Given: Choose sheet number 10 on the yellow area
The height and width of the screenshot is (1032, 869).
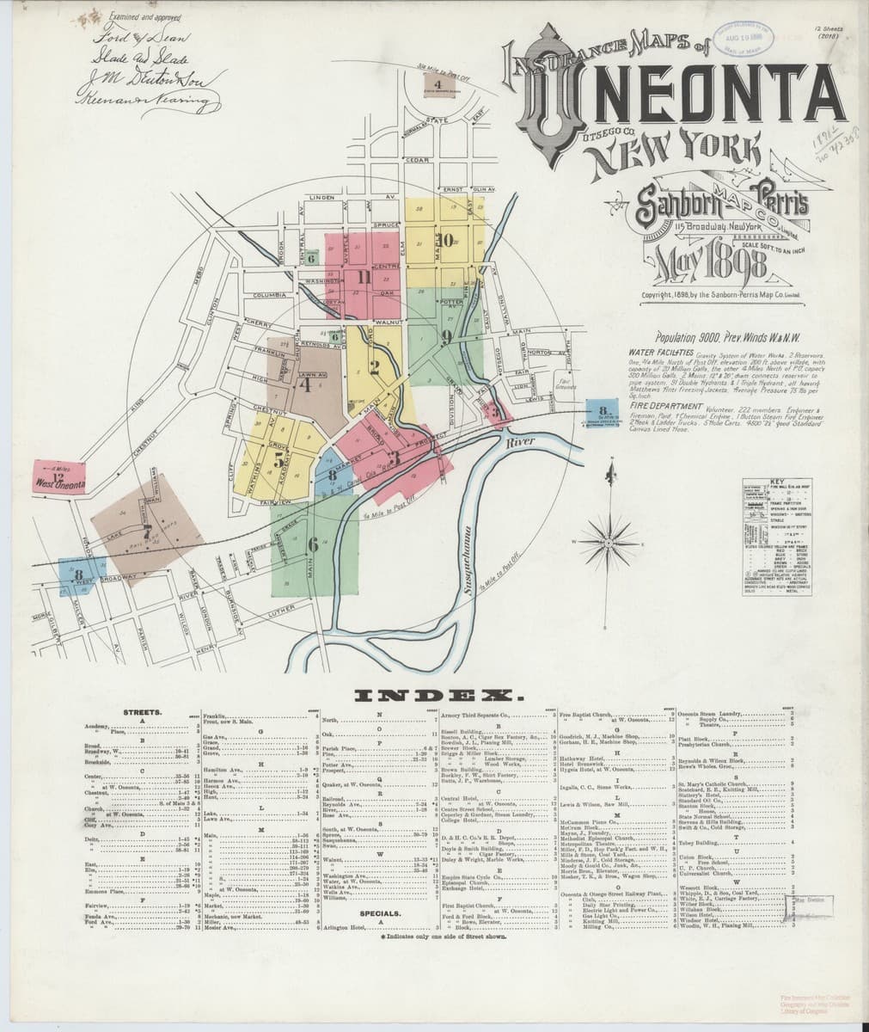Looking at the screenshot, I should [448, 240].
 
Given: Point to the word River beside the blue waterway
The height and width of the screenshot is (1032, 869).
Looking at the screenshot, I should [522, 441].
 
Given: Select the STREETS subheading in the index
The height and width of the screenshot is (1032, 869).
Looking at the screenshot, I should [138, 713].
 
